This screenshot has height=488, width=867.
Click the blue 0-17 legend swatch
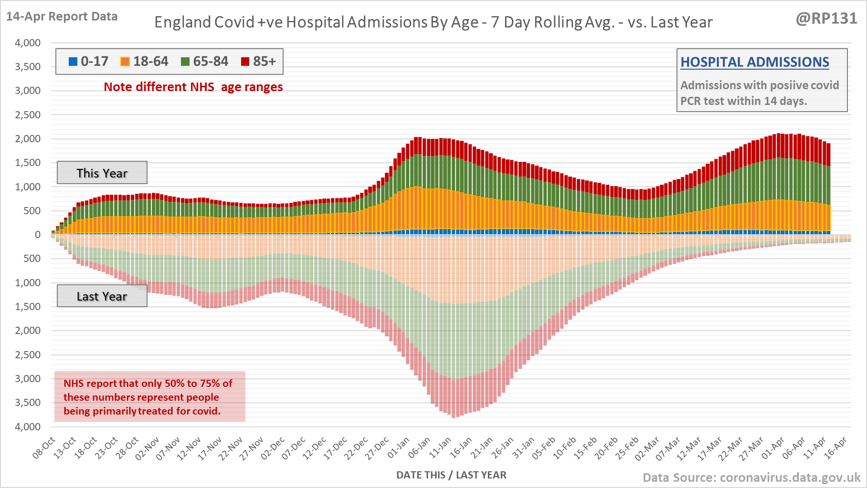pyautogui.click(x=73, y=62)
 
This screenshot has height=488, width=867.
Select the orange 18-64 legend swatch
pyautogui.click(x=125, y=62)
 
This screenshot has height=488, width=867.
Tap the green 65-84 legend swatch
pyautogui.click(x=185, y=62)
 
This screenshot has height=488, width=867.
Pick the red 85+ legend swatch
pyautogui.click(x=245, y=62)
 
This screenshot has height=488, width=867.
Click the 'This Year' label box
pyautogui.click(x=102, y=173)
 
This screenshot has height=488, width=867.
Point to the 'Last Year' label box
pyautogui.click(x=102, y=296)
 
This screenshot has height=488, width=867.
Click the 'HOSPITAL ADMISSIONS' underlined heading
pyautogui.click(x=754, y=62)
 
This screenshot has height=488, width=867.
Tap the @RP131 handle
pyautogui.click(x=826, y=18)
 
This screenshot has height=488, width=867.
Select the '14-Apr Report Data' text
pyautogui.click(x=62, y=16)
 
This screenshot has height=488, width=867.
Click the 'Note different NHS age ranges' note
pyautogui.click(x=193, y=87)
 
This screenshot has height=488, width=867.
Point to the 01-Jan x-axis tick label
pyautogui.click(x=398, y=448)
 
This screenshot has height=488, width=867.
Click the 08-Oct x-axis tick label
pyautogui.click(x=44, y=448)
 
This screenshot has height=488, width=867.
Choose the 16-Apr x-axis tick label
pyautogui.click(x=835, y=448)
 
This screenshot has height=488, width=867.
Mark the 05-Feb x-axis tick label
pyautogui.click(x=544, y=448)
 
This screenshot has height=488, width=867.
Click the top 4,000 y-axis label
pyautogui.click(x=28, y=43)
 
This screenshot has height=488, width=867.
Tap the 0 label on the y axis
pyautogui.click(x=38, y=235)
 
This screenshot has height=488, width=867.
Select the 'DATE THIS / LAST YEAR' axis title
pyautogui.click(x=451, y=475)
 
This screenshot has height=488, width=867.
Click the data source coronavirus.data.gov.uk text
pyautogui.click(x=751, y=478)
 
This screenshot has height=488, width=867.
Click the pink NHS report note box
pyautogui.click(x=149, y=396)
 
